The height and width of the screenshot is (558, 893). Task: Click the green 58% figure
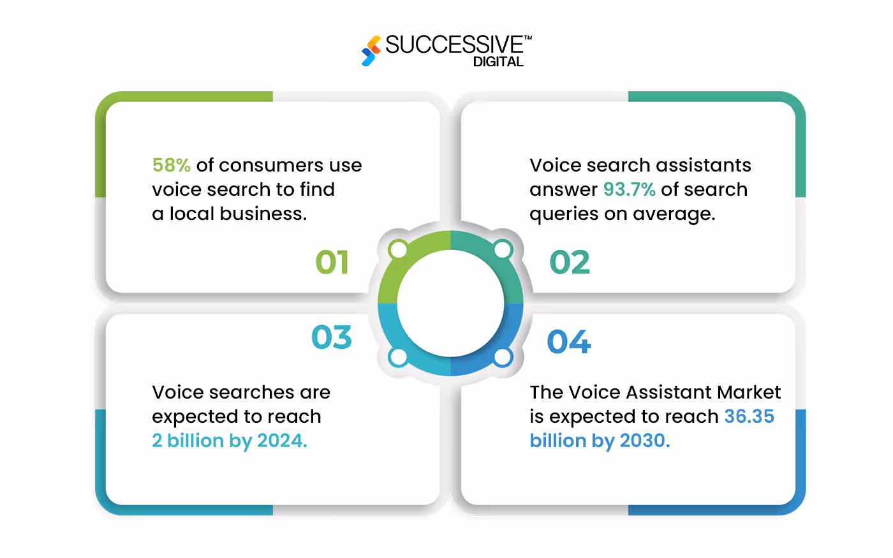point(171,165)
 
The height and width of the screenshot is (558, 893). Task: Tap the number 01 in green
point(332,262)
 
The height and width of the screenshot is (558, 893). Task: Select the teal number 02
point(570,262)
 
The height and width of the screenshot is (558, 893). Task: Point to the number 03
point(332,337)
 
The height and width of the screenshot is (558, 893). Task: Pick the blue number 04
point(569,342)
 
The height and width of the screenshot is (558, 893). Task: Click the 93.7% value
point(629,189)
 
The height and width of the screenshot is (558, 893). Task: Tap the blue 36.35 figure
point(749,416)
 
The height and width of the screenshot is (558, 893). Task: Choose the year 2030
point(644,441)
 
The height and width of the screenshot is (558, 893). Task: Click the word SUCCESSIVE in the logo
point(454,45)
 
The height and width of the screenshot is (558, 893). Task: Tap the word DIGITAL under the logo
point(498,62)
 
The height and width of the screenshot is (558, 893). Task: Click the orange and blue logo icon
point(371,50)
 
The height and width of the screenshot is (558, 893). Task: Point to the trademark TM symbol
point(528,38)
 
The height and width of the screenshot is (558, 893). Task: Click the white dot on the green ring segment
point(399,249)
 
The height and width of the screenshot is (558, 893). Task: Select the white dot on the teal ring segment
point(503,249)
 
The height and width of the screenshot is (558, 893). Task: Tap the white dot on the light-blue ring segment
point(399,357)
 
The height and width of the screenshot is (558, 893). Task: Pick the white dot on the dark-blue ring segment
point(503,357)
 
